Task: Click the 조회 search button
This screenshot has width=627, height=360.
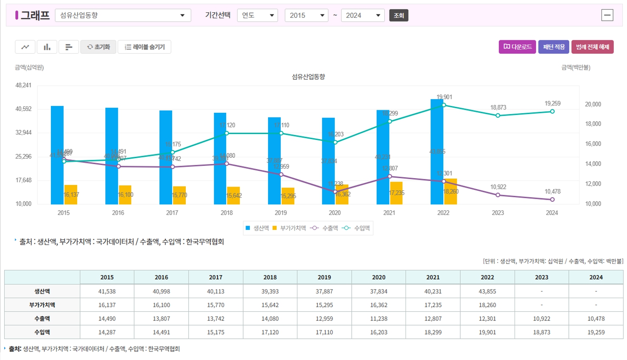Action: [x=398, y=16]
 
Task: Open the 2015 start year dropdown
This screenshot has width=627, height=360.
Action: [x=306, y=16]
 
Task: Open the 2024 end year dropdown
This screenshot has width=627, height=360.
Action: [x=362, y=16]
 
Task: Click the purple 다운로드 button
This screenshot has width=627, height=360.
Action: [x=517, y=47]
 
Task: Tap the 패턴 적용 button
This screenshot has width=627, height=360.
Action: [x=554, y=47]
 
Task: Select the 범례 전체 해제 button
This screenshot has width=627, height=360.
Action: [x=592, y=47]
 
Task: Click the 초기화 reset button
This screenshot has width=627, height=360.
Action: [x=98, y=47]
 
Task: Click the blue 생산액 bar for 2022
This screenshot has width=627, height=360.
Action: [x=437, y=140]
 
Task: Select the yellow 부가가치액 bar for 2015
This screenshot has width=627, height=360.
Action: [x=71, y=195]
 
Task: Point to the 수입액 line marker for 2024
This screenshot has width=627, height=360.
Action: [x=552, y=112]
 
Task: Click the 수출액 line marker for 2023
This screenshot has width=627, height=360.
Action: [x=498, y=195]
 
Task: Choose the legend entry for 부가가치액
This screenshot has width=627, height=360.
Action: [x=290, y=228]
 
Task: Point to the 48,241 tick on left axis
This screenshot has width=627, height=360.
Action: [x=23, y=85]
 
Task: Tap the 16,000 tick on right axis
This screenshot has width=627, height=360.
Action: [x=593, y=144]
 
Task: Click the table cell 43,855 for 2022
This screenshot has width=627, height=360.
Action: [x=487, y=291]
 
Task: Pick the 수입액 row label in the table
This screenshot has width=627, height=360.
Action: [x=42, y=332]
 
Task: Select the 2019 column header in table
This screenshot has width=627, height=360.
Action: [x=324, y=277]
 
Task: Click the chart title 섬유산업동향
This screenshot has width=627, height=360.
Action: [x=308, y=77]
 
